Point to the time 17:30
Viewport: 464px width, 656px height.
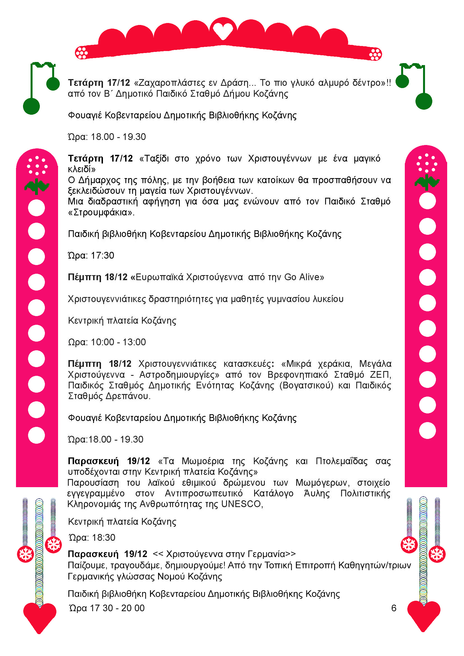coord(102,256)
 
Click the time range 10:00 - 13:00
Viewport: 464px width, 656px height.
coord(118,342)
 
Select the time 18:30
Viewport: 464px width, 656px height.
coord(103,538)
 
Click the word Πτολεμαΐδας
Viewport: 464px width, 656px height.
coord(341,461)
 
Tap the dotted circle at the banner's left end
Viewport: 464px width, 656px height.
coord(81,52)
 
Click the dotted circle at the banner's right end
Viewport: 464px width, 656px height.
coord(375,54)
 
